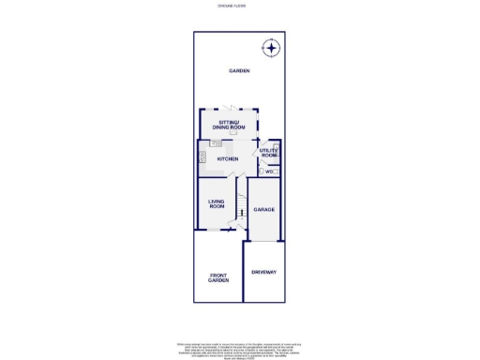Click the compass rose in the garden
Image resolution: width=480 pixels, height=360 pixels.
coord(270,48)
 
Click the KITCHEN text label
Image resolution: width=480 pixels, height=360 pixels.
coord(228,159)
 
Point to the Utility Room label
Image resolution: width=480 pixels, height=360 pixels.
coord(269,153)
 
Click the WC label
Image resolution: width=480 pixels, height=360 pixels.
coord(268,172)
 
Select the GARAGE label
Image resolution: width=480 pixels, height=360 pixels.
coord(263,209)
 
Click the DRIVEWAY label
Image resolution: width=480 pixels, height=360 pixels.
coord(263,272)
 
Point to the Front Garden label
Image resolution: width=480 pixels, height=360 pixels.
coord(218,277)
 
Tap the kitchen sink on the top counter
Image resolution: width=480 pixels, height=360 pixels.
coord(217,143)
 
